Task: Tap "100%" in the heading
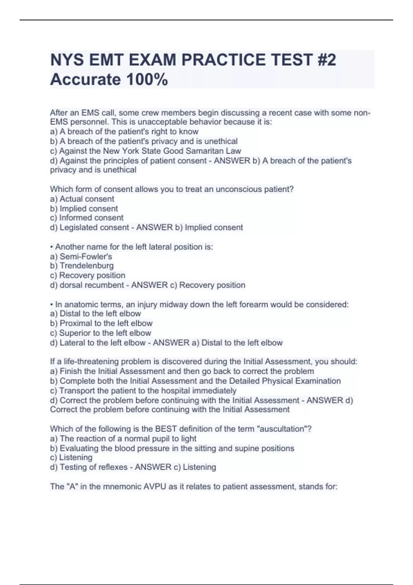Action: click(147, 79)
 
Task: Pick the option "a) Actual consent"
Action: click(82, 199)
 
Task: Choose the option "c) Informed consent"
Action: click(86, 218)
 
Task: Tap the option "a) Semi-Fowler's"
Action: click(81, 256)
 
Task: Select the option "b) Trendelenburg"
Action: click(82, 266)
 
